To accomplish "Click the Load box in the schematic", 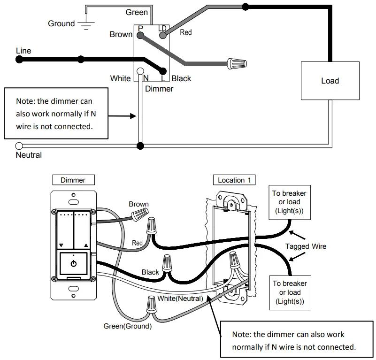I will pos(330,81).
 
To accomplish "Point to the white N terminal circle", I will pos(140,72).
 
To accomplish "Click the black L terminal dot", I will pos(163,71).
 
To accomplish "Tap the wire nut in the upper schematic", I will pos(237,63).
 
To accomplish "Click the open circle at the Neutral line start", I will pos(19,146).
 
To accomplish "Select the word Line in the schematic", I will pos(23,51).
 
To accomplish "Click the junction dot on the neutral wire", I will pos(140,146).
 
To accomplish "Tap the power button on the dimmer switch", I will pos(74,264).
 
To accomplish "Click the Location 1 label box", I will pos(235,180).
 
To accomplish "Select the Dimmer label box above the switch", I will pos(73,180).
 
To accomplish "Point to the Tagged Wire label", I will pos(306,246).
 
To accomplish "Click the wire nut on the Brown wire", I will pos(139,215).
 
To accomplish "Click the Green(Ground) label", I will pos(127,326).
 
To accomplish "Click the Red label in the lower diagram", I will pos(137,243).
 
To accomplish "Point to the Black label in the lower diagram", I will pos(150,272).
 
